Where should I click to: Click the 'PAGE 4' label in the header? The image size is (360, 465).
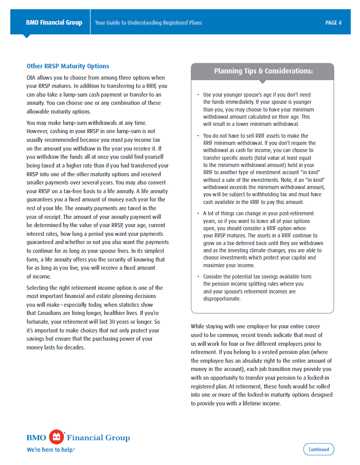333,23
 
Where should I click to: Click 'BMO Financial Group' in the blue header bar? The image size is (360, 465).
54,23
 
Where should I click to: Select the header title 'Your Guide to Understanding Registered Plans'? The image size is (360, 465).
148,23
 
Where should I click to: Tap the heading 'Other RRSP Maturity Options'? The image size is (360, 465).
68,66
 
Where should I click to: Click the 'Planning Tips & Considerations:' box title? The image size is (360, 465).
263,71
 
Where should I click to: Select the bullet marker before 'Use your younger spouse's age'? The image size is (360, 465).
199,95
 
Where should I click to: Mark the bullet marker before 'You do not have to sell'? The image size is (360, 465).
199,136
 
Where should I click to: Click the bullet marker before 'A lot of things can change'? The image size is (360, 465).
199,213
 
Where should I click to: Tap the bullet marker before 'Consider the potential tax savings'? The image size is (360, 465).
199,277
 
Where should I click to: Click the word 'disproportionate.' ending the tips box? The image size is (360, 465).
222,299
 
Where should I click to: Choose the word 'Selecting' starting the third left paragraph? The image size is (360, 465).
39,288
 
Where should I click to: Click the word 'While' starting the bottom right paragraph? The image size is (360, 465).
198,326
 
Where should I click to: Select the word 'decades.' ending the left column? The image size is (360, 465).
74,347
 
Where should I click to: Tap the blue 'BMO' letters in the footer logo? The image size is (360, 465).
37,438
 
